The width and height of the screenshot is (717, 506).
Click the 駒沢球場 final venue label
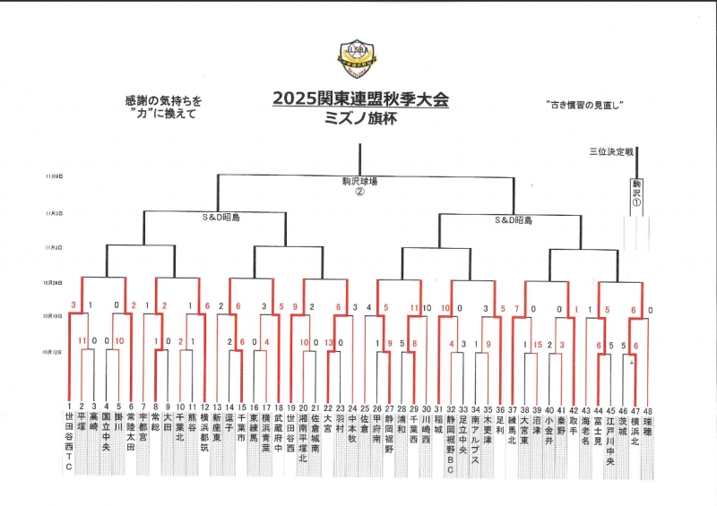click(x=359, y=181)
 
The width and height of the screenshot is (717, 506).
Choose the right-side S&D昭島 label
click(x=514, y=219)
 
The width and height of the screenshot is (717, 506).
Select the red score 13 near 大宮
click(x=329, y=343)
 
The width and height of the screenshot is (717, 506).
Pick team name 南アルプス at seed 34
click(x=475, y=439)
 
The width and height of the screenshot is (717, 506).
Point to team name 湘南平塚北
click(x=303, y=439)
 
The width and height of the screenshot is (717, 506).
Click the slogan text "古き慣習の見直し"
click(x=584, y=105)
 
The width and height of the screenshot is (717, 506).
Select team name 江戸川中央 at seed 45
click(x=610, y=439)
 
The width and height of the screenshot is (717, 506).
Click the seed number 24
click(x=353, y=407)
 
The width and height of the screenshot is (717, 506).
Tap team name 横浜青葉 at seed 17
click(x=266, y=433)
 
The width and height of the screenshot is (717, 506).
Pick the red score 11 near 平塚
click(x=82, y=341)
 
